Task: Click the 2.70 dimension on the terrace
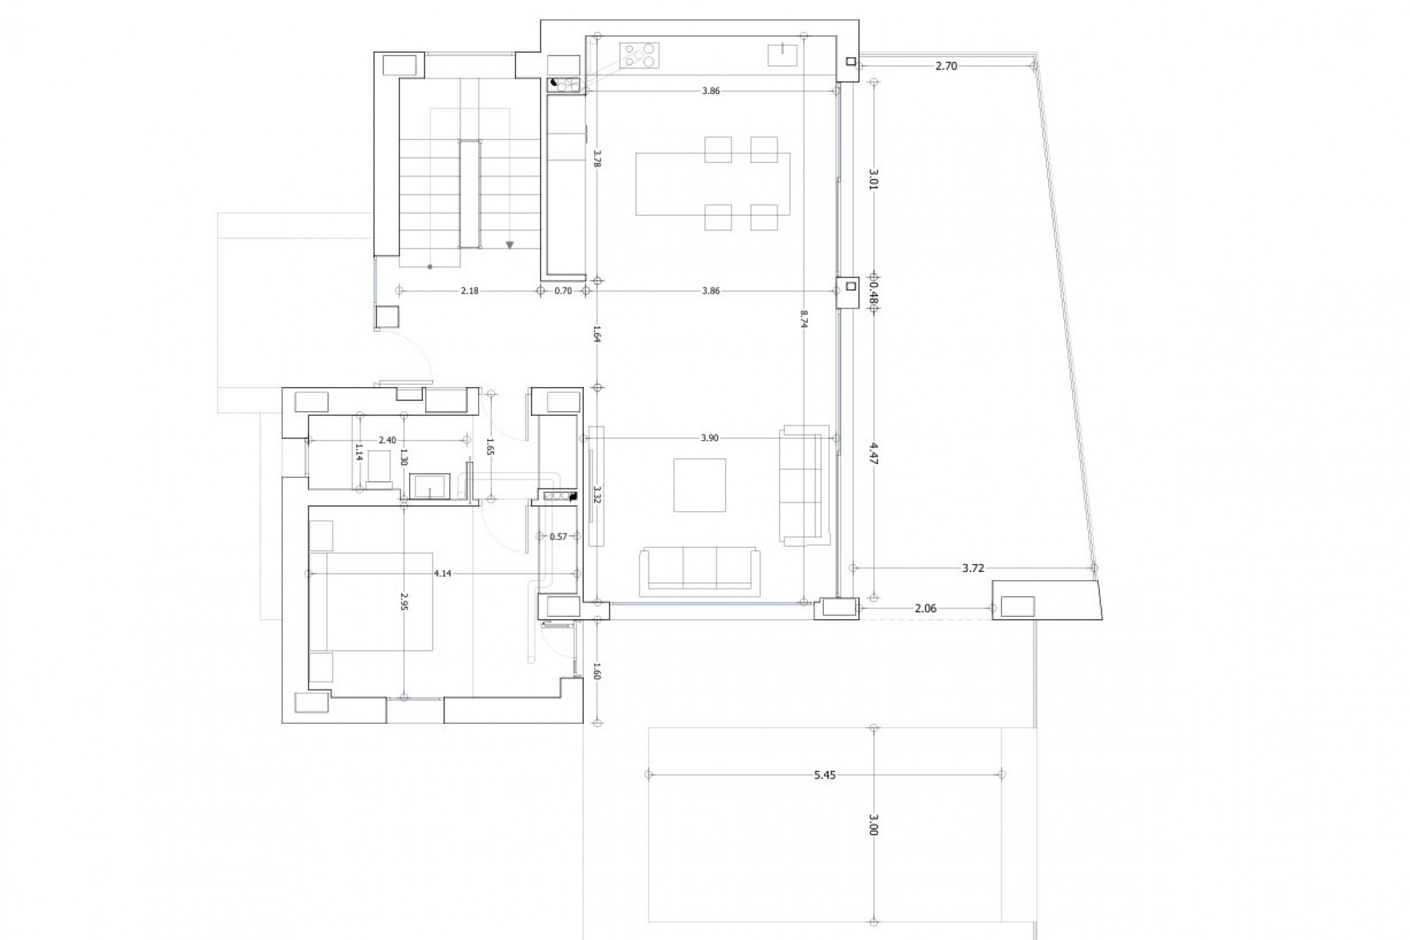[x=946, y=65]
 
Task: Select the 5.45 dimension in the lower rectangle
[x=825, y=774]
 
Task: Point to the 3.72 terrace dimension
[x=973, y=568]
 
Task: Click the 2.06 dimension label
[x=925, y=608]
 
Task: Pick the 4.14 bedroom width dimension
[x=442, y=574]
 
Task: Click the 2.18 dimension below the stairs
[x=469, y=291]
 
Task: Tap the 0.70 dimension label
[x=563, y=291]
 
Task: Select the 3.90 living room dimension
[x=709, y=438]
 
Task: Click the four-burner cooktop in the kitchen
[x=640, y=55]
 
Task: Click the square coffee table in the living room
[x=700, y=485]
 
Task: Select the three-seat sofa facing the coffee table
[x=700, y=570]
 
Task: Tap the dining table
[x=712, y=184]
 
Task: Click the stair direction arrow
[x=510, y=245]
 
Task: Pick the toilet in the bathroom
[x=380, y=467]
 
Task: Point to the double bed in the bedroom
[x=371, y=601]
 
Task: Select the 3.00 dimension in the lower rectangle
[x=873, y=828]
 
